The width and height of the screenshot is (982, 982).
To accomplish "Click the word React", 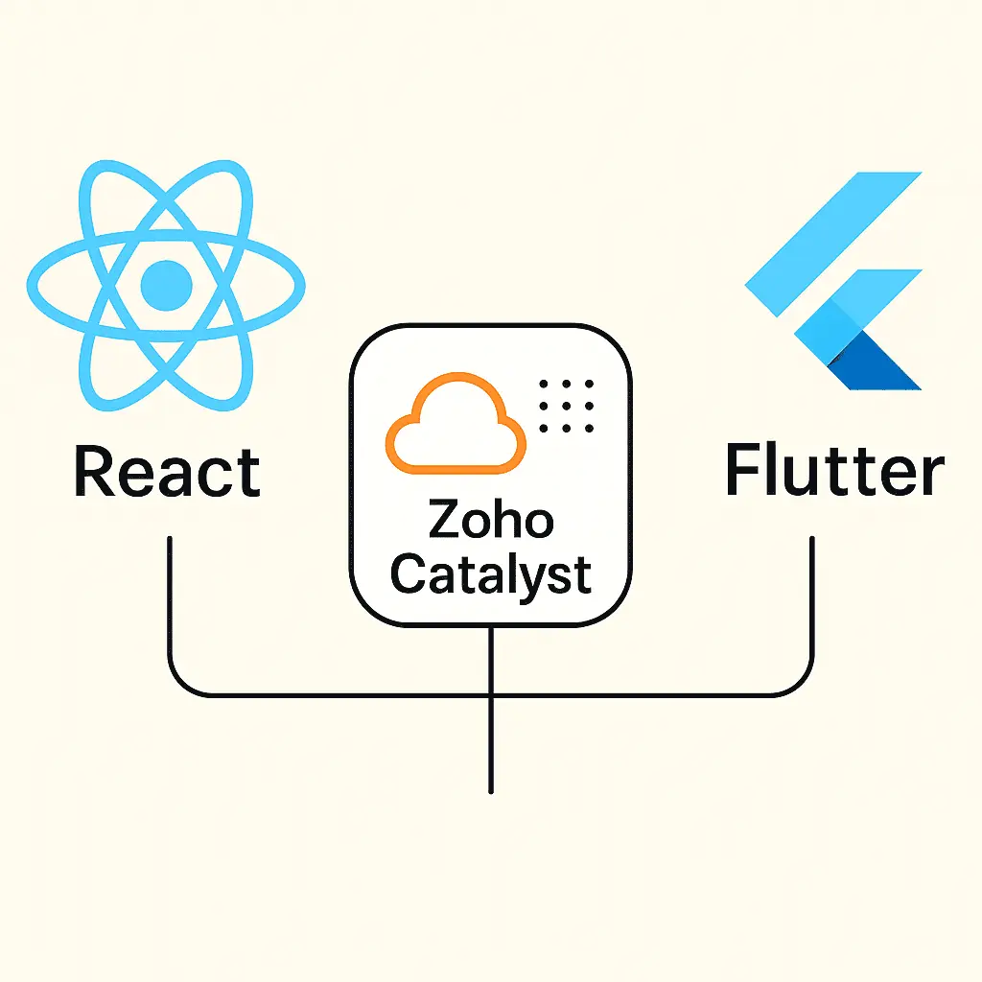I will (167, 473).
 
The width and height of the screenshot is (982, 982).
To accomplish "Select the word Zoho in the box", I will (490, 521).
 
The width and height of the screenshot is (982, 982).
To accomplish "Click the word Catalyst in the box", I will (490, 573).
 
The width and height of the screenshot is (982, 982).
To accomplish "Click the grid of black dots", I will (567, 405).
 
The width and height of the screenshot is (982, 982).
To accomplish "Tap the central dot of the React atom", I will (167, 283).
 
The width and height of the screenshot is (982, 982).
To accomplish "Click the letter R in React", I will (93, 471).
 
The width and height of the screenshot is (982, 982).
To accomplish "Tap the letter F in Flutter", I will (741, 471).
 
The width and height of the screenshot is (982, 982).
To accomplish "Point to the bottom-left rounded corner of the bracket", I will (182, 680).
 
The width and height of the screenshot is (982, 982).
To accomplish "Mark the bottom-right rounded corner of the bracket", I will (800, 680).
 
